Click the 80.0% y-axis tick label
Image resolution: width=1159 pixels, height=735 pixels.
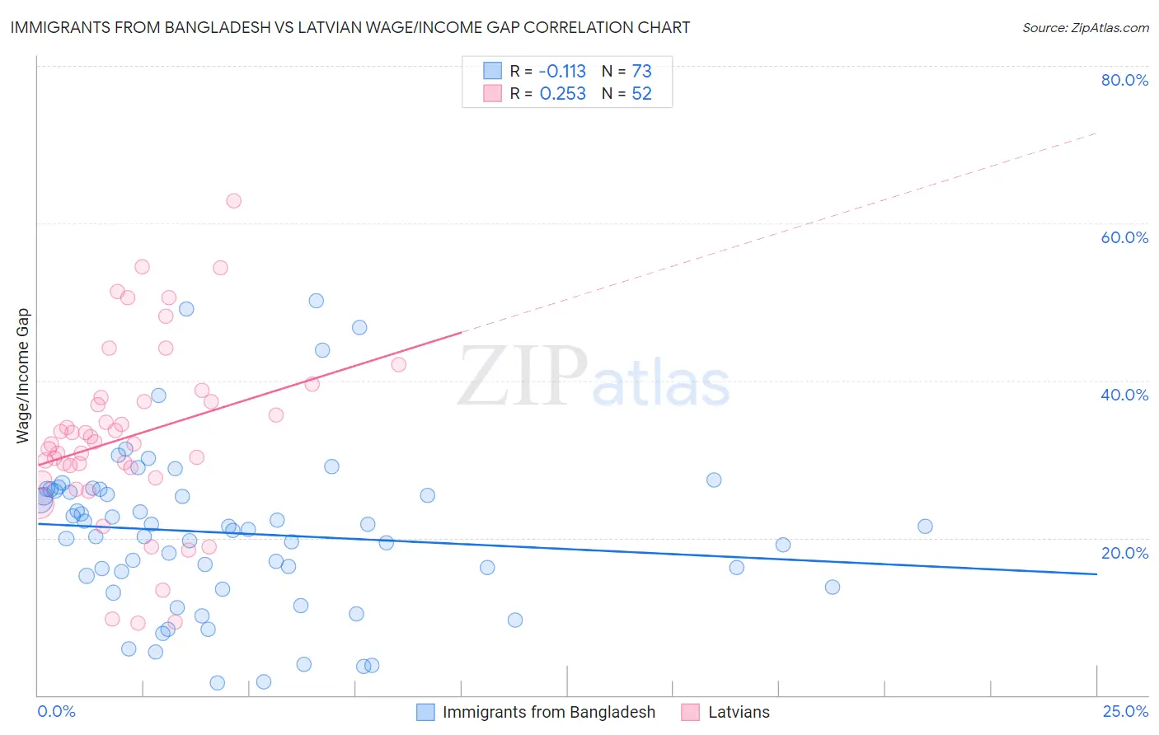point(1124,80)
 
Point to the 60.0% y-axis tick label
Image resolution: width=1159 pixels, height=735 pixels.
point(1124,237)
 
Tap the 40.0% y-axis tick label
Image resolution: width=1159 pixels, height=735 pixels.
point(1124,395)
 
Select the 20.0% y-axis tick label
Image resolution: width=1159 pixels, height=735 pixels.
point(1124,553)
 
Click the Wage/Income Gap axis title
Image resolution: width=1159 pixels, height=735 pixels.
point(23,376)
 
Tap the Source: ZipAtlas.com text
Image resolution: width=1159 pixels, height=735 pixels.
point(1085,27)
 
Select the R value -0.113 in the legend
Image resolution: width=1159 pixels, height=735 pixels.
point(562,71)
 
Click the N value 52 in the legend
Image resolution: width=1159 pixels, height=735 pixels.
point(641,94)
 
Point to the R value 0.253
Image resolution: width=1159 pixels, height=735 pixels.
point(562,94)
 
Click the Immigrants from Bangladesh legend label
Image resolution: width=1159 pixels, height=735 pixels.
point(548,712)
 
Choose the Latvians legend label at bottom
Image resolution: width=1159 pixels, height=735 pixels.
point(739,712)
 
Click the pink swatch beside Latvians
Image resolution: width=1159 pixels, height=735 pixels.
point(691,712)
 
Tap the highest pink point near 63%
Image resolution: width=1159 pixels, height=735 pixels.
point(233,201)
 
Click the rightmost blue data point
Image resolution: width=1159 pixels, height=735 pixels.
point(925,527)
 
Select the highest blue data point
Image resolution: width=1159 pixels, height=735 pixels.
point(316,301)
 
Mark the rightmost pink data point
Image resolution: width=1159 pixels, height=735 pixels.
point(399,365)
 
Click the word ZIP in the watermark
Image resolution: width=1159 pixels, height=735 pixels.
point(523,377)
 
